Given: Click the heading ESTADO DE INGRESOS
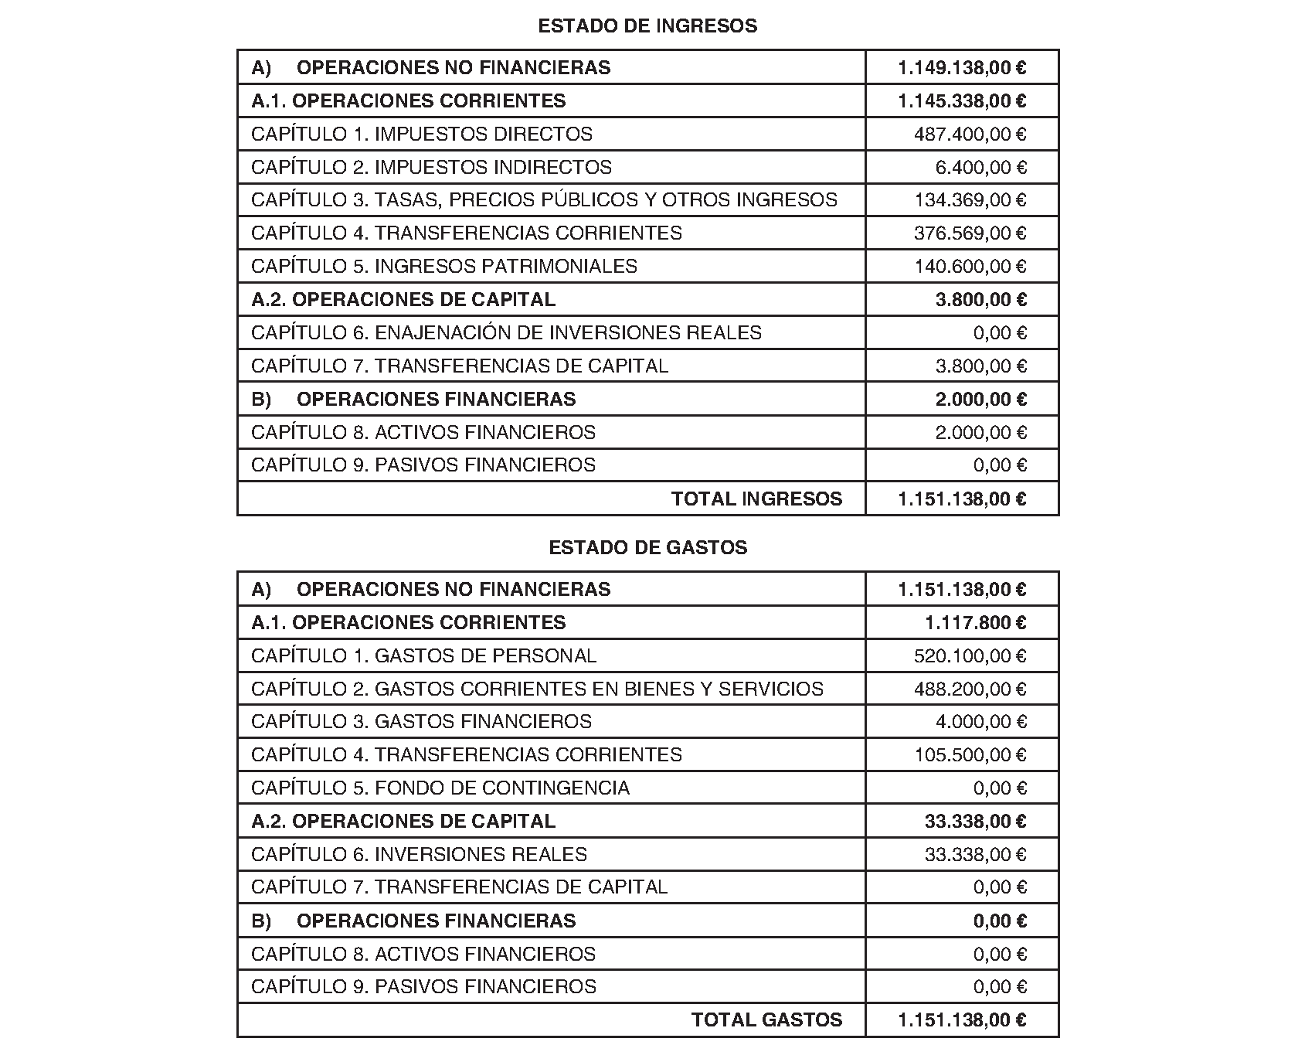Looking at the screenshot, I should [647, 26].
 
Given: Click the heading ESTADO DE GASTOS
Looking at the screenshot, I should [647, 548].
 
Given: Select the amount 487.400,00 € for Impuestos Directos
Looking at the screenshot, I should [970, 134].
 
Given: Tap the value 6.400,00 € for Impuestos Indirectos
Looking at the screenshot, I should [980, 168].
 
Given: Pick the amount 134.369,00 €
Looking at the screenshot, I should [970, 200].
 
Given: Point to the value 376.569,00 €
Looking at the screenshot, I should [970, 233].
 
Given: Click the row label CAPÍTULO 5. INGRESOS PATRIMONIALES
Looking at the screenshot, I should [444, 267].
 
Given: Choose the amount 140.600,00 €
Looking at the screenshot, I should [970, 267].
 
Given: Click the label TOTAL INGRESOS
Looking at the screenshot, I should [756, 499].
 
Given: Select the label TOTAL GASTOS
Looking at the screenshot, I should [766, 1020].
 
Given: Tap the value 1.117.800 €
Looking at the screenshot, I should [975, 623].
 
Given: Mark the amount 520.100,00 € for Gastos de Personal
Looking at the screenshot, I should [970, 656].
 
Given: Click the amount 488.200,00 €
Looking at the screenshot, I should [970, 689].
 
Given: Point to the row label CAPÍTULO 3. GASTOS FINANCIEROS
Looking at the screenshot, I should [421, 722].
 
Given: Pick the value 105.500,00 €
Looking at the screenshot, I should [970, 755].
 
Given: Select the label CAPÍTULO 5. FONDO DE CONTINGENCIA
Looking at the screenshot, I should [440, 788].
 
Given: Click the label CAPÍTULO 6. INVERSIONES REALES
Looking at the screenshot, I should [419, 855].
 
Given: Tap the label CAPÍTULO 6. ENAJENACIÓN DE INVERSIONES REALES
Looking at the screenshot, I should [506, 333].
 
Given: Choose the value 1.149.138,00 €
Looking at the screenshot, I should [962, 68].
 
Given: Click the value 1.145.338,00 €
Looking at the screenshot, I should [962, 101].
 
